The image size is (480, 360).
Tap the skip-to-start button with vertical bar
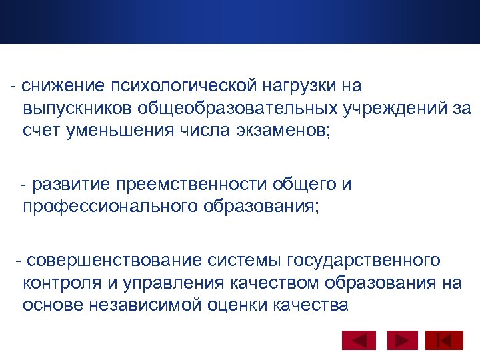[x=444, y=341]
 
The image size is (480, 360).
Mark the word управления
[x=172, y=282]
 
